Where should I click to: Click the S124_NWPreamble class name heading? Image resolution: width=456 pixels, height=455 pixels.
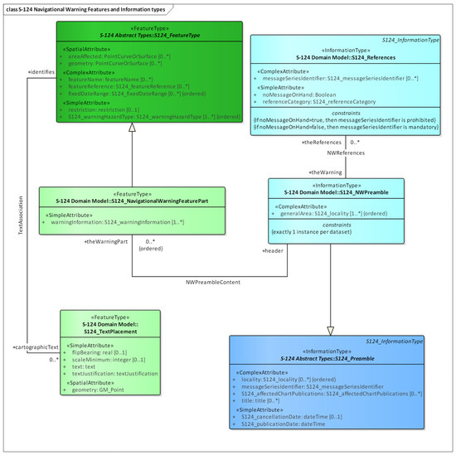(336, 191)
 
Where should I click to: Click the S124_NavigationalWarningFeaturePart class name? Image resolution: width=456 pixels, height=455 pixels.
(121, 201)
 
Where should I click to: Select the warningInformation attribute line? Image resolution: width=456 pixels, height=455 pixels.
(125, 222)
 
